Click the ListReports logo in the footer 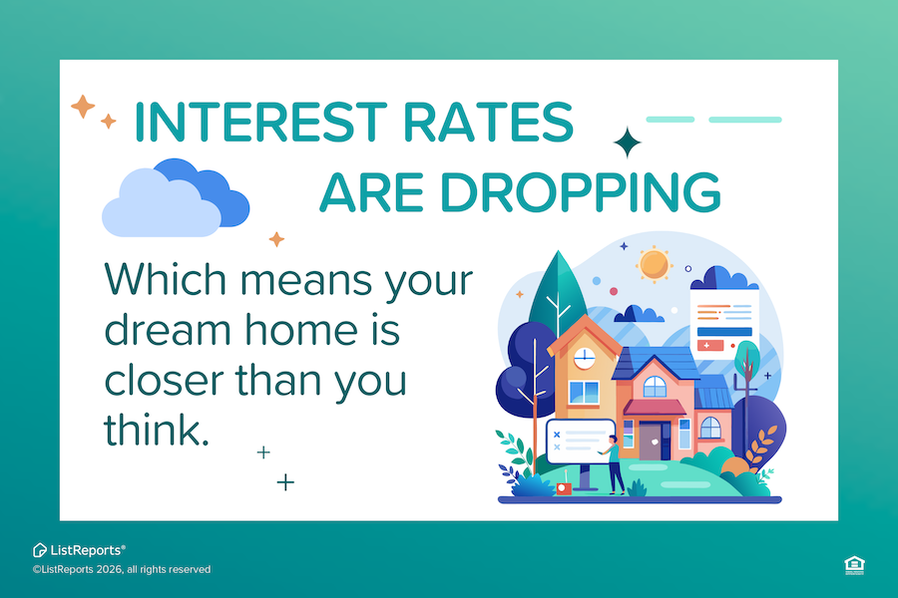79,549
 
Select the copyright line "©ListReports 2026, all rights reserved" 121,569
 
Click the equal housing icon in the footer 854,565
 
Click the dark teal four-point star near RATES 628,144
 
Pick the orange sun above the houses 655,263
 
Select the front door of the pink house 650,440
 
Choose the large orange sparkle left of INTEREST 83,106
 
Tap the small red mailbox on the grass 563,488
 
